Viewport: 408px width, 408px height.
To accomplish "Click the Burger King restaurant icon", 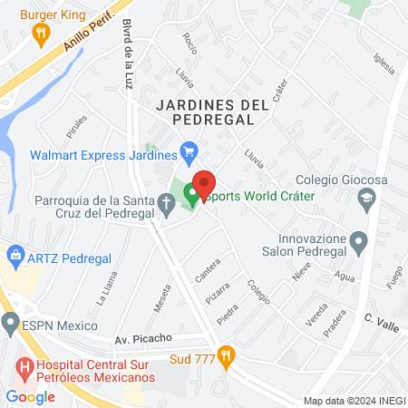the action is [40, 34].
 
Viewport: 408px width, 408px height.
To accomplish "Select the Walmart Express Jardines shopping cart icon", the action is [189, 151].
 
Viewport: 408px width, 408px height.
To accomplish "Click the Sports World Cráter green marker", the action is [192, 193].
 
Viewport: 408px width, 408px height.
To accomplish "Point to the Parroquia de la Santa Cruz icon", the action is [167, 209].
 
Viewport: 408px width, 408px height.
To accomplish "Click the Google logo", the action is [31, 396].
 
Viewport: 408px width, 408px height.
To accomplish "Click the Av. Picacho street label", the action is [143, 338].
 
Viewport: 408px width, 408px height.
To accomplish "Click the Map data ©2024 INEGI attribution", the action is [353, 401].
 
